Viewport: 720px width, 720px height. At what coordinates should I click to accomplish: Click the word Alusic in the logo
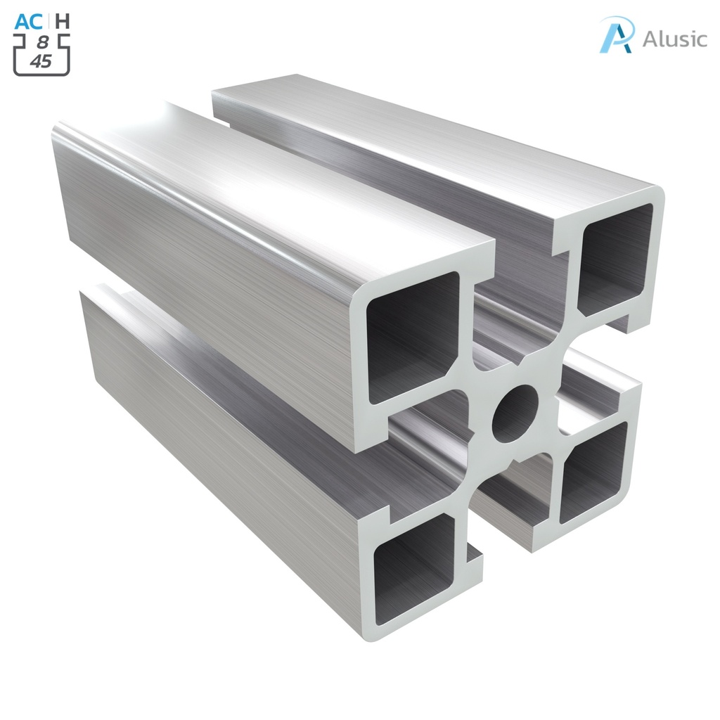674,38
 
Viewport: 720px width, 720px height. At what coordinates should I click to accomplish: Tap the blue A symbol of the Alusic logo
617,34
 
